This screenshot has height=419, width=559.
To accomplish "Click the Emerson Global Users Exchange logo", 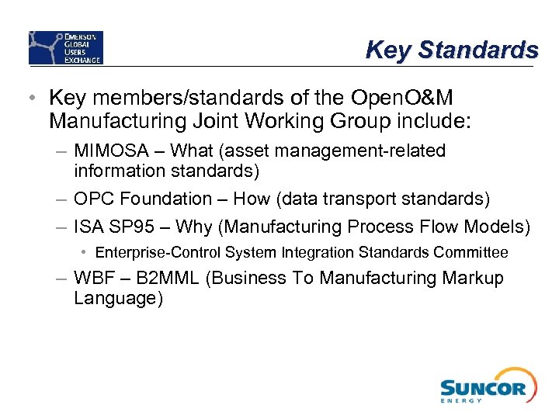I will [x=66, y=47].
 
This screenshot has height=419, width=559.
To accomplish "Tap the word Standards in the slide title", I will [x=477, y=50].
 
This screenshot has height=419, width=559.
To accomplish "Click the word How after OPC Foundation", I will [x=252, y=199].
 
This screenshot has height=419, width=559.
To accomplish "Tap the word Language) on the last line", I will [x=118, y=299].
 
